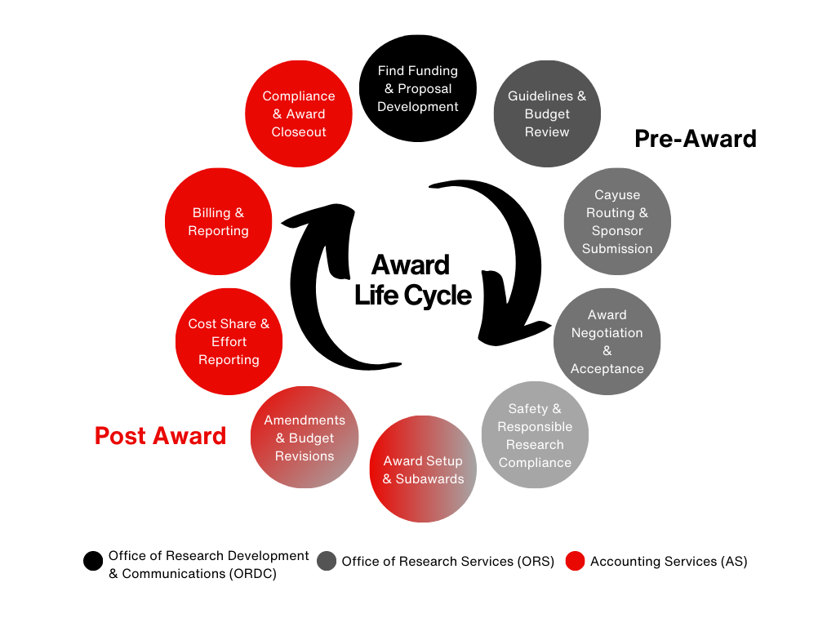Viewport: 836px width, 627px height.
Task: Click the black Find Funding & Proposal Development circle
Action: [418, 89]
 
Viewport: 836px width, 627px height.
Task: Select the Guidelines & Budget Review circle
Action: [547, 114]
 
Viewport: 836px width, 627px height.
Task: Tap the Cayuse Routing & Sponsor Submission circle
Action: [617, 221]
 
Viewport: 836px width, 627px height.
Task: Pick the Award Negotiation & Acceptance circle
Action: [607, 341]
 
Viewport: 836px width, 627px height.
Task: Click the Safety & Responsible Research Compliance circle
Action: [535, 434]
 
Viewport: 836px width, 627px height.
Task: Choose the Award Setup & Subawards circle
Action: [423, 469]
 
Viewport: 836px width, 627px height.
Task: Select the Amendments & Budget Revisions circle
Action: [305, 438]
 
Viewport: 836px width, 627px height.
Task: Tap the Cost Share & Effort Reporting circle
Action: [229, 341]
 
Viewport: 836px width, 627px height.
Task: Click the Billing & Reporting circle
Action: [218, 221]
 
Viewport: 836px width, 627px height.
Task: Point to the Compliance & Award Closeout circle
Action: [299, 114]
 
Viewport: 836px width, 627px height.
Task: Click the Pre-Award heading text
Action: [695, 139]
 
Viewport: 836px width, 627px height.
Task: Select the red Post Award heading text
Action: [160, 436]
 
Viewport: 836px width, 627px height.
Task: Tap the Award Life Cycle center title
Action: [412, 280]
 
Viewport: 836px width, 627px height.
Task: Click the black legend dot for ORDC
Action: [93, 561]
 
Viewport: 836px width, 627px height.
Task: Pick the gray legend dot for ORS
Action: [327, 561]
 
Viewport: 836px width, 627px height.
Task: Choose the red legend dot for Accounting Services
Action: [575, 561]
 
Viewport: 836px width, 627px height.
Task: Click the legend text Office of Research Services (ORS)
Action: [447, 562]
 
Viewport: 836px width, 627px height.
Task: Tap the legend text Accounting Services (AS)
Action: [669, 562]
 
